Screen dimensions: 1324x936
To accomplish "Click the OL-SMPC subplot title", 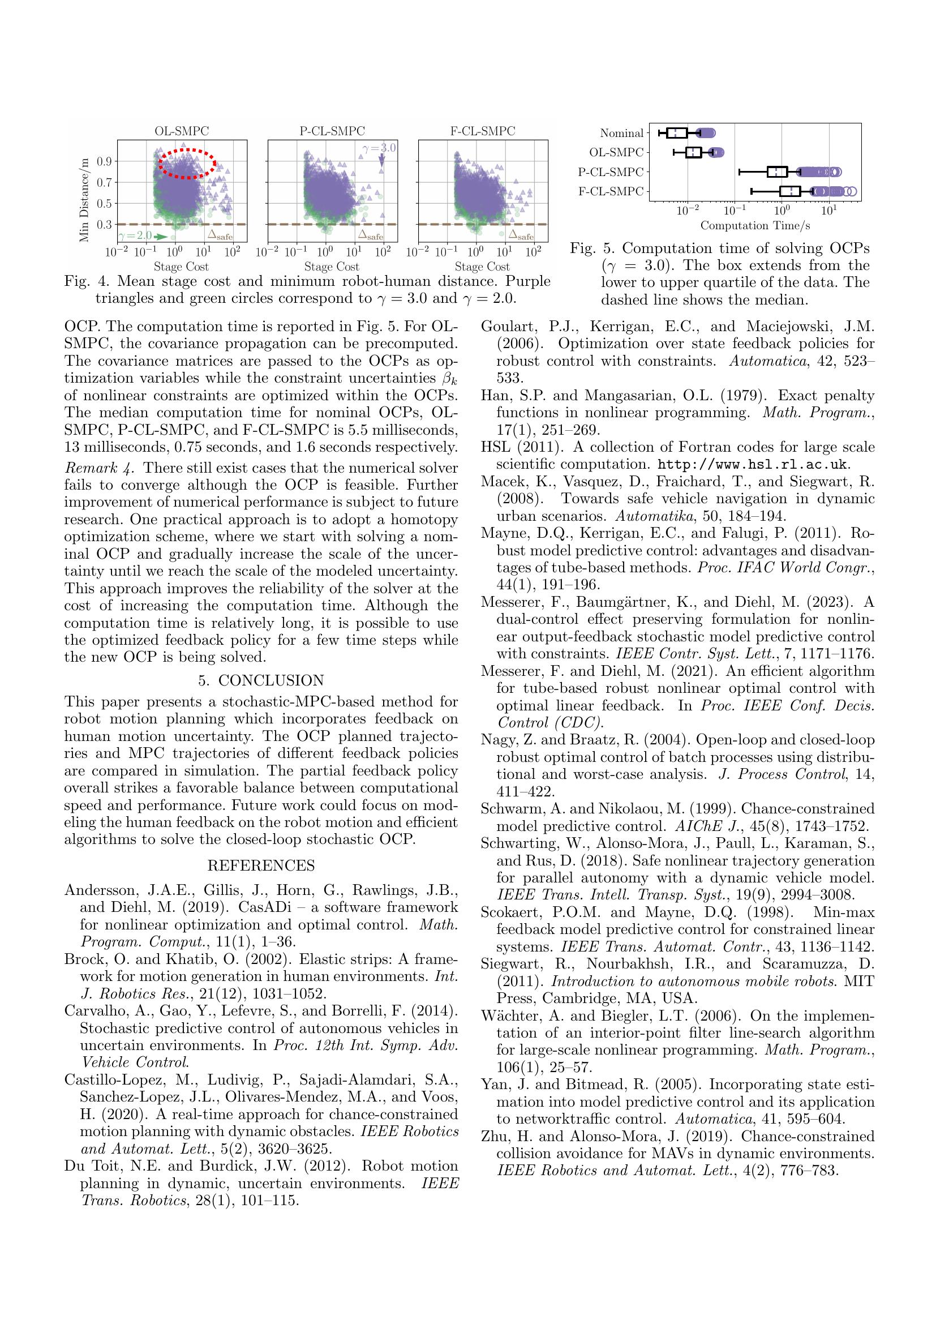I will tap(182, 131).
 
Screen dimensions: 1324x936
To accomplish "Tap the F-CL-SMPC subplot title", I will tap(482, 131).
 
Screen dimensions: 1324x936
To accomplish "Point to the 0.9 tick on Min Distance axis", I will tap(104, 161).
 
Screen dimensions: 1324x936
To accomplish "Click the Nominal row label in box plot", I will tap(621, 134).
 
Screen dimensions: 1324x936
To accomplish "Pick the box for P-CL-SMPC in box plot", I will tap(778, 172).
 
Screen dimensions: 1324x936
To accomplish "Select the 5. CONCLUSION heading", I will tap(261, 680).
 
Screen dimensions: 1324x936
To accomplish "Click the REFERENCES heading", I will tap(261, 865).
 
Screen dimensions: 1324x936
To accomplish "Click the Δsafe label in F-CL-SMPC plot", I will tap(521, 234).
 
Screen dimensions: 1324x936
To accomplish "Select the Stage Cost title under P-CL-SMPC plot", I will tap(332, 267).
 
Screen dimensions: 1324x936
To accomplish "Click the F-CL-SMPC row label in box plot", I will tap(611, 191).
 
